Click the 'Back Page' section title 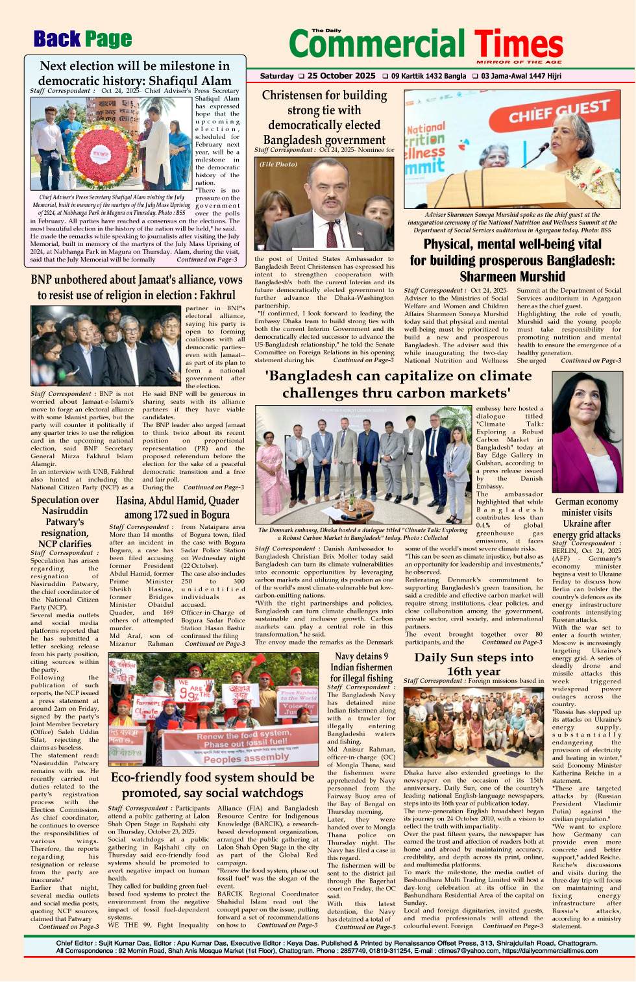[x=82, y=40]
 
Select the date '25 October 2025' [x=341, y=76]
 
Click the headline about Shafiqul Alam [x=134, y=73]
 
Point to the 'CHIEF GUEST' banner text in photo [x=559, y=111]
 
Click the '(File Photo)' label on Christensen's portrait [x=278, y=164]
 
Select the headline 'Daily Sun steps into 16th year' [x=474, y=664]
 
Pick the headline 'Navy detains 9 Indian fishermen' [x=361, y=667]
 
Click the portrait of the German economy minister [x=587, y=433]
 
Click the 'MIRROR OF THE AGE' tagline [x=519, y=62]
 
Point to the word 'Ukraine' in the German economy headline [x=587, y=524]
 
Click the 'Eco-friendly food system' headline [x=213, y=785]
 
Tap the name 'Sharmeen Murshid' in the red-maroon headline [x=512, y=276]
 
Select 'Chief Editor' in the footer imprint [x=75, y=943]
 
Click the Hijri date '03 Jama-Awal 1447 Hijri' [x=521, y=76]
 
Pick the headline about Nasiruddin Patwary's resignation [x=65, y=522]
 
